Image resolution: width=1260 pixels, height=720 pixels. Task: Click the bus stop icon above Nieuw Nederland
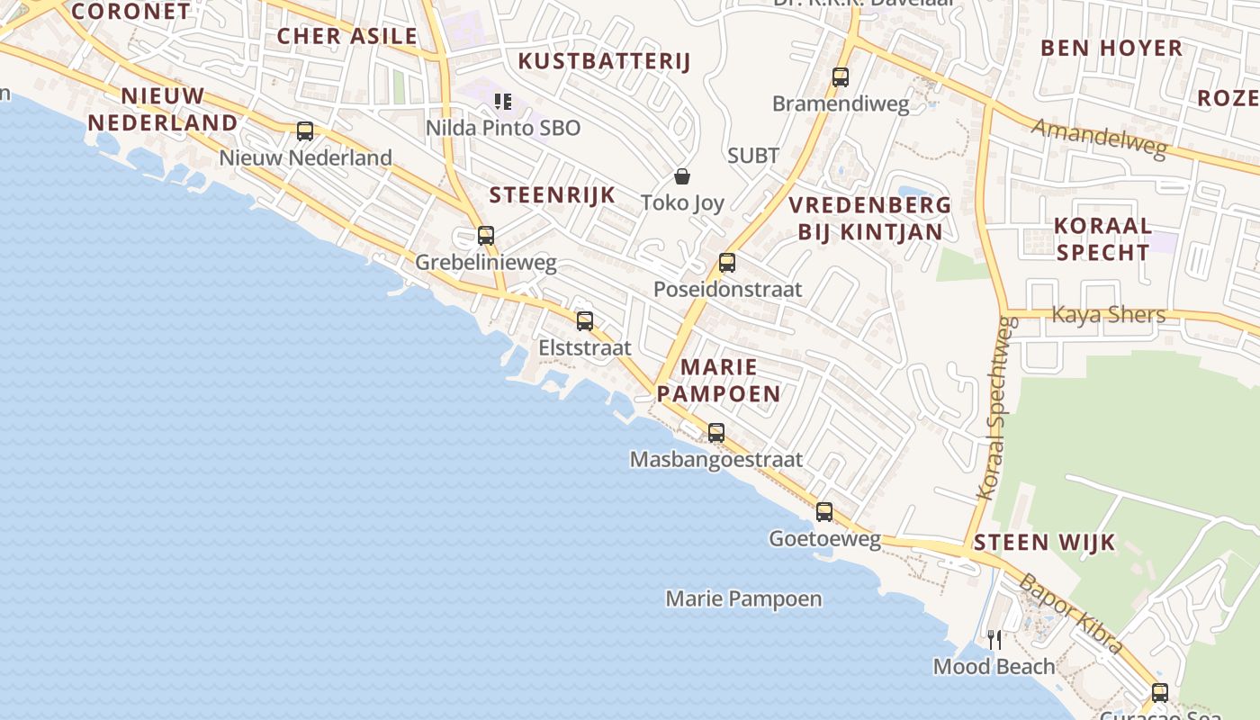(x=305, y=131)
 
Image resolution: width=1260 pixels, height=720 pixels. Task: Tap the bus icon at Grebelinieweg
(x=486, y=236)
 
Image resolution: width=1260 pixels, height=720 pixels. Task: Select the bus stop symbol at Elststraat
(x=585, y=320)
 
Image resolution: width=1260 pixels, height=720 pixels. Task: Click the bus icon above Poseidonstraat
(x=727, y=263)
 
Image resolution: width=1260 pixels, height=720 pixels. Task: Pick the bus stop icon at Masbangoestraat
(x=716, y=433)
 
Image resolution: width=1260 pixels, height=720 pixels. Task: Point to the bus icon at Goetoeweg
(x=824, y=512)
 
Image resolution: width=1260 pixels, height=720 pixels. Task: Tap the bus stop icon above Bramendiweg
(x=841, y=77)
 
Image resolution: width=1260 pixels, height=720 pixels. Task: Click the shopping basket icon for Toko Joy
(x=682, y=176)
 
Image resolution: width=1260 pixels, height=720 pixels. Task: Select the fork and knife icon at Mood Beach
(x=994, y=640)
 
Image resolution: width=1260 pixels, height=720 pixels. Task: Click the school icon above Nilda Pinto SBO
(x=503, y=102)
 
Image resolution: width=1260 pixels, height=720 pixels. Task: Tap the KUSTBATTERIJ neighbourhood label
(x=605, y=61)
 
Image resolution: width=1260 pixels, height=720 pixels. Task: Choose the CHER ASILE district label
(x=347, y=36)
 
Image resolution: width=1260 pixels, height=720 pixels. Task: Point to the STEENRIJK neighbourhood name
(x=553, y=194)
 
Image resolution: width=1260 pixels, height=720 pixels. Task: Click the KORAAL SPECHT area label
(x=1102, y=238)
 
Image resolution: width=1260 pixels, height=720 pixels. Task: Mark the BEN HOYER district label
(x=1111, y=48)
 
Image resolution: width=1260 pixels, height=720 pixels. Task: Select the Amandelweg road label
(x=1099, y=139)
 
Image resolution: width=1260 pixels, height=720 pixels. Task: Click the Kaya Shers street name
(x=1109, y=315)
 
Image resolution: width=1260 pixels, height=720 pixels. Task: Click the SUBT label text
(x=753, y=156)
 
